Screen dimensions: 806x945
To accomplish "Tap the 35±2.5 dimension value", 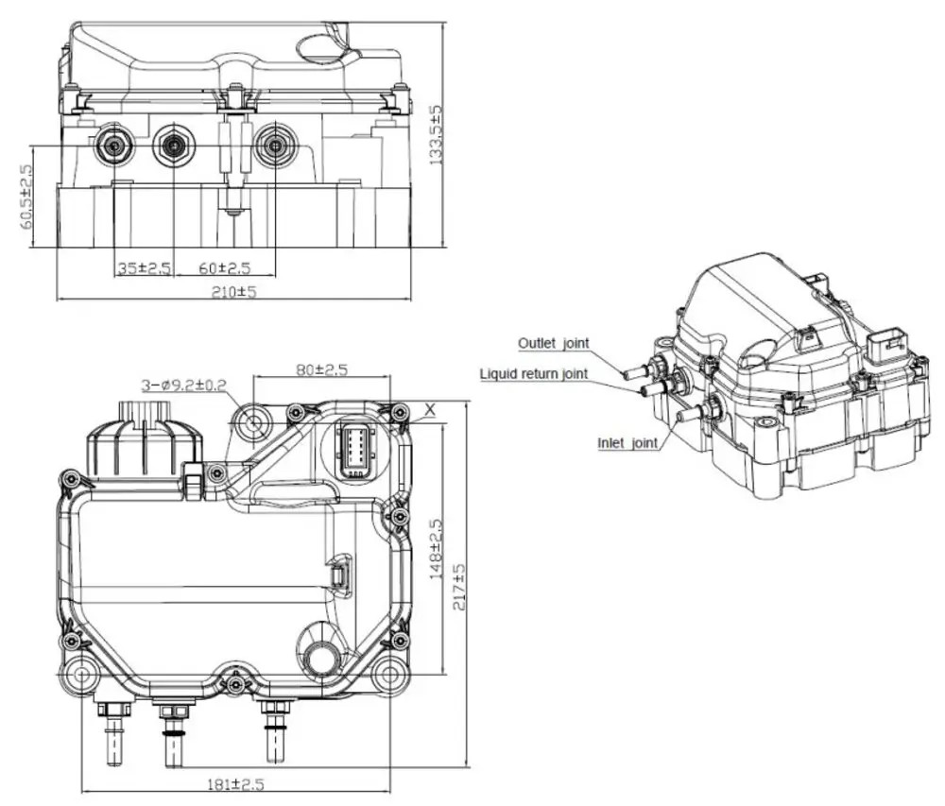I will [x=143, y=268].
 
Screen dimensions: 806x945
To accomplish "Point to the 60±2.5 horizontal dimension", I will [x=224, y=268].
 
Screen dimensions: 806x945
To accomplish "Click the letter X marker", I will [x=430, y=410].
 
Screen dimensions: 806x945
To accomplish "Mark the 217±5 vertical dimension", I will [x=459, y=588].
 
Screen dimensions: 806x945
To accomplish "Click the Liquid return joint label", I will [x=534, y=373].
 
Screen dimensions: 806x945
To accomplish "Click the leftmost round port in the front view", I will [x=114, y=145].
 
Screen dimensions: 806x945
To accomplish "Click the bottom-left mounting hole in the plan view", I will [x=80, y=675].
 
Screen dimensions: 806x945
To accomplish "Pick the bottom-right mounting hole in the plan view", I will [x=387, y=675].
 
